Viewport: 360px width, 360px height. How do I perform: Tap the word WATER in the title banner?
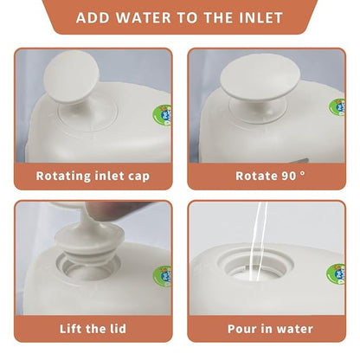(144, 18)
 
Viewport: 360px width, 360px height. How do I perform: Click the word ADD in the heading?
(93, 18)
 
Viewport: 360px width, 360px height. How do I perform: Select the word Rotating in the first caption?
(63, 176)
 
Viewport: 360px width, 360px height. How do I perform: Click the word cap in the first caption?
(139, 177)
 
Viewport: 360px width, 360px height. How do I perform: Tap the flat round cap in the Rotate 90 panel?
(260, 75)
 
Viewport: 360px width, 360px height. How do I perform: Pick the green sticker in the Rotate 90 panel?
(337, 107)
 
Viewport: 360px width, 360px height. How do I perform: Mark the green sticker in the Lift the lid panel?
(162, 277)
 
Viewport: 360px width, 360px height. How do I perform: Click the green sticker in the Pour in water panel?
(336, 274)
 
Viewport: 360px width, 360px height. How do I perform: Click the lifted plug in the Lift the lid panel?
(89, 236)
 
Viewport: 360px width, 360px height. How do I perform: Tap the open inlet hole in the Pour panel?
(255, 266)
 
